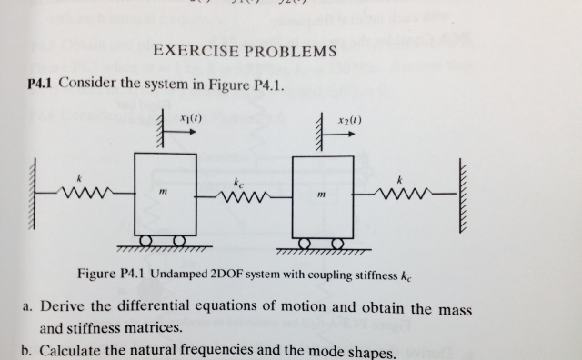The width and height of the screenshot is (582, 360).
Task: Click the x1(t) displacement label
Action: click(190, 118)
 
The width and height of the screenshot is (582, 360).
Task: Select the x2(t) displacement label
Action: click(348, 118)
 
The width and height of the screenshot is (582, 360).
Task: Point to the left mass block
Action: click(165, 192)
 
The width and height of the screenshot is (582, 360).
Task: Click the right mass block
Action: click(324, 192)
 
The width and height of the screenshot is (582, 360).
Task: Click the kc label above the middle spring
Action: click(237, 181)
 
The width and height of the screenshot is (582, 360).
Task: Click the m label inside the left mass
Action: click(162, 193)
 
